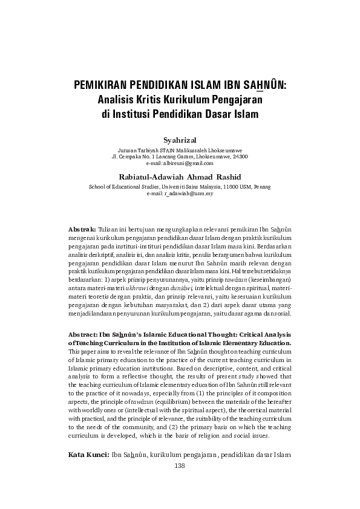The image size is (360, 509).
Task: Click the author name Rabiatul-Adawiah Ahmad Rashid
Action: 180,177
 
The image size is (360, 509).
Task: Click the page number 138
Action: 180,465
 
